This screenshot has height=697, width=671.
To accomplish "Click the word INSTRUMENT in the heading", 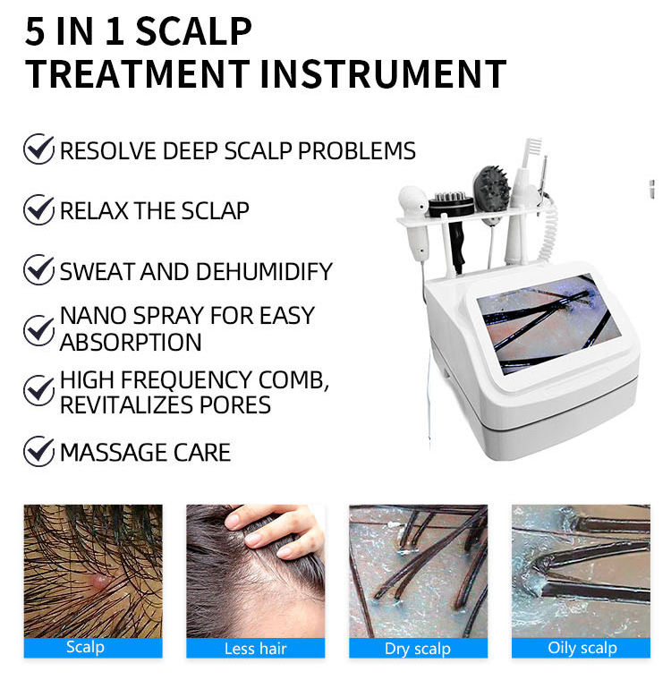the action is [x=384, y=73].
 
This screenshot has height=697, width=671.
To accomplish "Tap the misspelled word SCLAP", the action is [x=215, y=210].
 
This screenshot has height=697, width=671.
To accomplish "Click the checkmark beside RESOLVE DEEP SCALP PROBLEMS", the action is [x=38, y=149].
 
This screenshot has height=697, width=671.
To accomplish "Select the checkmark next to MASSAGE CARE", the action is [x=38, y=451].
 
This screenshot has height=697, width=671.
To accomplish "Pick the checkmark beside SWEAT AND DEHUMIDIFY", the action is [x=38, y=270].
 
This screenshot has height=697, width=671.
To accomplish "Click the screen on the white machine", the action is [x=548, y=323].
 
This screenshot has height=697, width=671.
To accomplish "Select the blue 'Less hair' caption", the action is [x=256, y=648].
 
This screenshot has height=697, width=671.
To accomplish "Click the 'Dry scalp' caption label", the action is [x=418, y=648].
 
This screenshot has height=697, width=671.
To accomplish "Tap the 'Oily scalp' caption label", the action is [x=582, y=648].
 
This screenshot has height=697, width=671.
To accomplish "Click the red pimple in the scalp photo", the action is [x=99, y=580].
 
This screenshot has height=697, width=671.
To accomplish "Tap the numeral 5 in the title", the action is [x=35, y=31].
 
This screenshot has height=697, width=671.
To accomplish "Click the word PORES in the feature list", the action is [x=235, y=405].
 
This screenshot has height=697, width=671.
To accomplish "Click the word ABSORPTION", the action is [x=131, y=343].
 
